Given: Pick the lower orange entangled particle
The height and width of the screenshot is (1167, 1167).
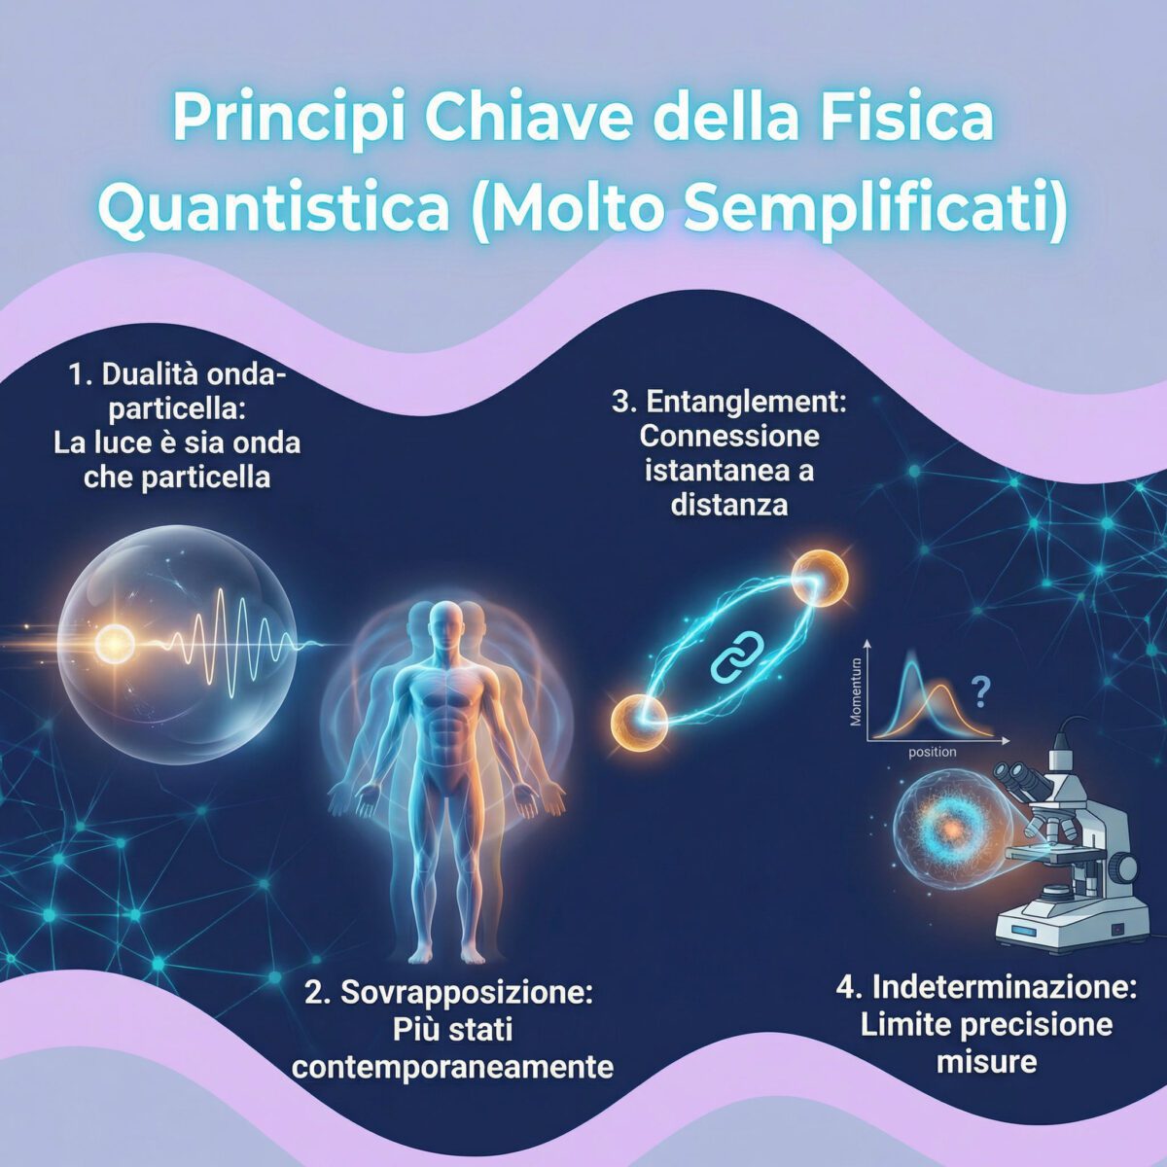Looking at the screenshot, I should coord(640,722).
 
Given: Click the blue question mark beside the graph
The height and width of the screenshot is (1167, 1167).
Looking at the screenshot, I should coord(981,692).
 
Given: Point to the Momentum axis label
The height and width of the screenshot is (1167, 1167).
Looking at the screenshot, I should coord(857,693).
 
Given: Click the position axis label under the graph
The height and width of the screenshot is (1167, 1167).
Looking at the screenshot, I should coord(932,752).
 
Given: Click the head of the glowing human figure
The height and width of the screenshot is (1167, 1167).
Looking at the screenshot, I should coord(446,622).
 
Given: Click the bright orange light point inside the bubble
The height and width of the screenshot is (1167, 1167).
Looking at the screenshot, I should coord(116,642).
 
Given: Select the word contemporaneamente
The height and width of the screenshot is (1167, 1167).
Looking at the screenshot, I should coord(453,1067).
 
